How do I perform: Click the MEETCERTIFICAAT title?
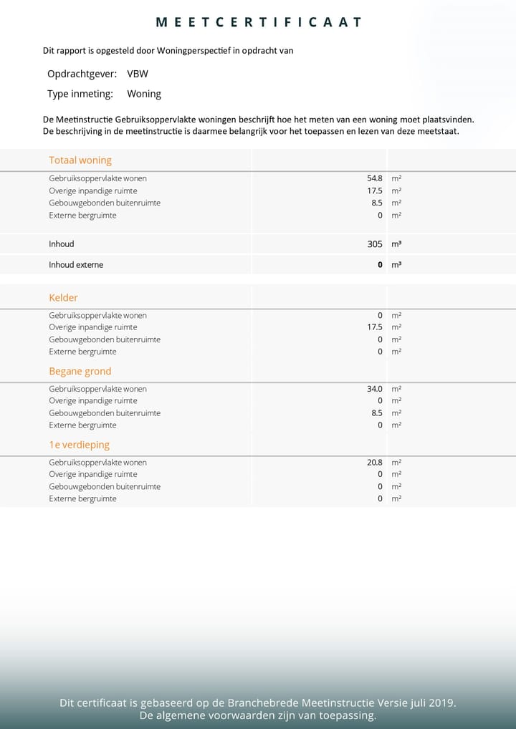click(x=258, y=22)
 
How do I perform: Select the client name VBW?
click(x=138, y=74)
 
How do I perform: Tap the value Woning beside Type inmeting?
click(x=144, y=94)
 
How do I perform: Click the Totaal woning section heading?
click(x=80, y=160)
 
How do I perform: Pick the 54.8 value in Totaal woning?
click(x=375, y=178)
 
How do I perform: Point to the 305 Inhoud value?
click(x=375, y=244)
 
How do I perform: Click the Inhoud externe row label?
click(x=76, y=265)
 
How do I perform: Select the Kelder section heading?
click(x=63, y=298)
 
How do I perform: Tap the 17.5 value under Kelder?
click(x=375, y=327)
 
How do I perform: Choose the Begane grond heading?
click(x=80, y=372)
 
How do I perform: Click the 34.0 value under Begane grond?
click(x=375, y=389)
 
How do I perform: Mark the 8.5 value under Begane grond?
click(x=377, y=413)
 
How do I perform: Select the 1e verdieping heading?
click(x=79, y=445)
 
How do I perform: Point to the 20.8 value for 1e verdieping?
click(x=375, y=463)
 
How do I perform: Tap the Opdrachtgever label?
click(x=82, y=74)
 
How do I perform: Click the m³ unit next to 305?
click(x=396, y=244)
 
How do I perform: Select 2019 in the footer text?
click(x=440, y=703)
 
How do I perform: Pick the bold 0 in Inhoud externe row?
click(x=380, y=265)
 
